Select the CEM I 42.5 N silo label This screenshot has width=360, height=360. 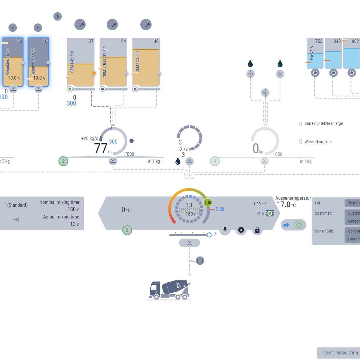(x=72, y=62)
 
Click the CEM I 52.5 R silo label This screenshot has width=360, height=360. (x=137, y=62)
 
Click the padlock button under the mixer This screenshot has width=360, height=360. (x=257, y=230)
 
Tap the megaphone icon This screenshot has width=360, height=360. (x=286, y=225)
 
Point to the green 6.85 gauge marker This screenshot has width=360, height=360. (x=208, y=202)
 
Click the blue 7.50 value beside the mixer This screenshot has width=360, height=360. (x=220, y=209)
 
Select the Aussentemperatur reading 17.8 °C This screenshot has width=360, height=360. (x=286, y=205)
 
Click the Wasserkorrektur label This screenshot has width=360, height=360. (x=318, y=142)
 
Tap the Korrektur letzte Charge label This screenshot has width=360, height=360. (x=323, y=123)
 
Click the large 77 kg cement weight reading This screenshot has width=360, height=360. (x=101, y=148)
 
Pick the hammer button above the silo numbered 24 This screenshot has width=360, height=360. (x=112, y=25)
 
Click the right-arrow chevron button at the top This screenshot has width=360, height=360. (x=58, y=16)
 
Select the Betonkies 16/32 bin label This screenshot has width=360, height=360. (x=8, y=61)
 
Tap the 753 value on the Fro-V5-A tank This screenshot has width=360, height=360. (x=319, y=41)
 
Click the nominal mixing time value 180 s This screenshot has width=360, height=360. (x=73, y=209)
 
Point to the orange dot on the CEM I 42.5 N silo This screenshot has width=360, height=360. (x=94, y=73)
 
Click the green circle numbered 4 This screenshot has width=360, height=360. (x=215, y=161)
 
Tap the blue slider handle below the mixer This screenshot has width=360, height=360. (x=209, y=235)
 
